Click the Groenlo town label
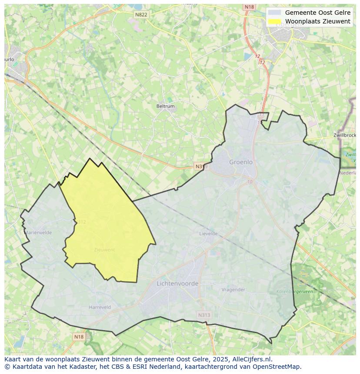click(241, 162)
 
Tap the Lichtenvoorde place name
click(177, 283)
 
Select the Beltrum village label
click(165, 106)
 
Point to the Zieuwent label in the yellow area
click(104, 250)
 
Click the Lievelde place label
click(208, 233)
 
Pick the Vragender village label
click(233, 290)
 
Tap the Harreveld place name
click(100, 307)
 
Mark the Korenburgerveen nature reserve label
click(294, 292)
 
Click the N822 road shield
click(141, 14)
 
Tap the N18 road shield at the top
click(249, 7)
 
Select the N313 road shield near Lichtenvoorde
click(203, 315)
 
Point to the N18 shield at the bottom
click(78, 337)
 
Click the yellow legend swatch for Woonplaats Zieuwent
click(274, 21)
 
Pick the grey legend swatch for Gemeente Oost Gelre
click(274, 13)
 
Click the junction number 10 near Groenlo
click(249, 181)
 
